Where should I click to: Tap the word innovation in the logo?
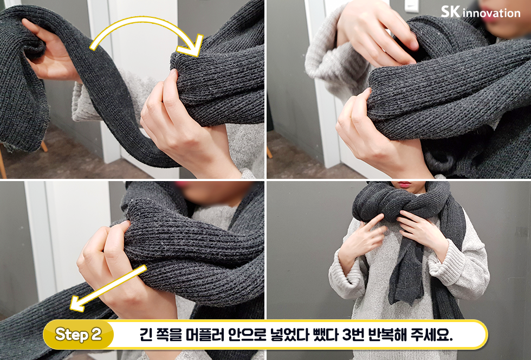pos(491,12)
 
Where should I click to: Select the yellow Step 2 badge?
pos(79,335)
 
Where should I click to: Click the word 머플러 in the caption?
pos(192,335)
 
